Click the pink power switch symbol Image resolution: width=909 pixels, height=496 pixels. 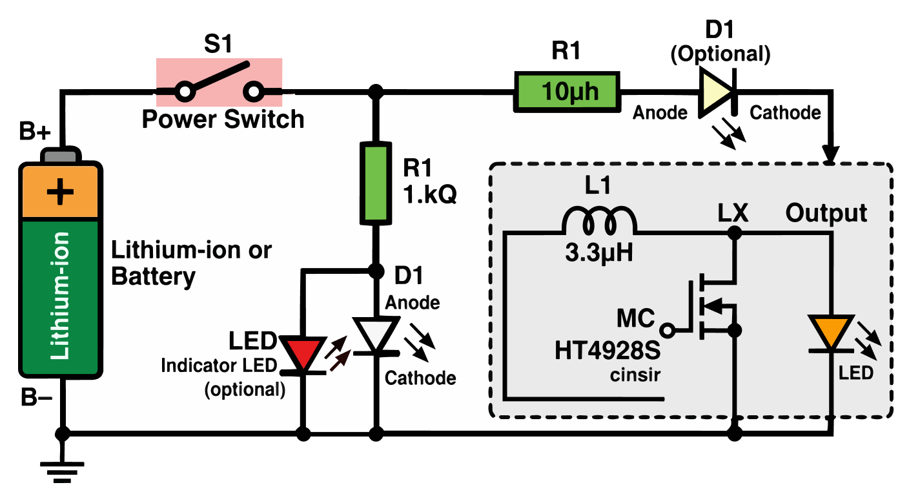[x=219, y=82]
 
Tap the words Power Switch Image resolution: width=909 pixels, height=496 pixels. [x=223, y=120]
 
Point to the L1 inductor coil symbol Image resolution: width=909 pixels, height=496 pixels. [x=599, y=221]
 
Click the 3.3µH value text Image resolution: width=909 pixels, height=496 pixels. [x=598, y=253]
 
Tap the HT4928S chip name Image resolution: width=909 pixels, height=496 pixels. [x=608, y=351]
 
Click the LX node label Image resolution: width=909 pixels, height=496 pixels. [x=733, y=212]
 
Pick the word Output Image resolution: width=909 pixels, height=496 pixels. [x=826, y=212]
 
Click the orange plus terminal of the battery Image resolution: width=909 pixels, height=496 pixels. [x=61, y=192]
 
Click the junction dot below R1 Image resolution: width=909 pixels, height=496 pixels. [x=374, y=271]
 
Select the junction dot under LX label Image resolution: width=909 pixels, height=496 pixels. [x=734, y=234]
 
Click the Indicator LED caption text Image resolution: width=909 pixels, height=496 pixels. [x=219, y=366]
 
